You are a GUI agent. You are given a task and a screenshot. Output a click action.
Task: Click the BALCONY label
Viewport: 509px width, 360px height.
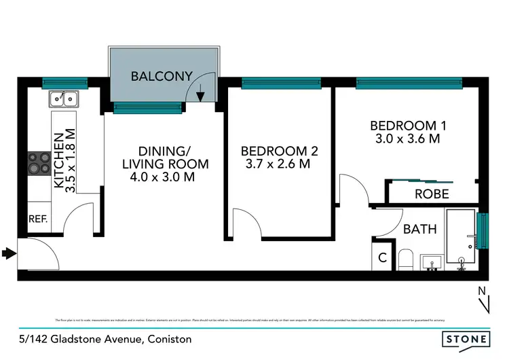(162, 76)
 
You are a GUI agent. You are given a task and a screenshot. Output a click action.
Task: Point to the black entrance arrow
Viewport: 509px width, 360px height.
(8, 254)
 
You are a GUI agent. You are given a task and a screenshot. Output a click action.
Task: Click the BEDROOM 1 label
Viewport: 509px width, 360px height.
(404, 126)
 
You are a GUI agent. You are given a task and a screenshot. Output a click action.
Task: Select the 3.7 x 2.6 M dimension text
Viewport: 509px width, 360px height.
(279, 164)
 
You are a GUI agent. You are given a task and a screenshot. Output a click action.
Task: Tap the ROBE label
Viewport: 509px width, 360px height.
(432, 194)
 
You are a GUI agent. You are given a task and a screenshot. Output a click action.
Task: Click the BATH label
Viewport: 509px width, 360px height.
(419, 230)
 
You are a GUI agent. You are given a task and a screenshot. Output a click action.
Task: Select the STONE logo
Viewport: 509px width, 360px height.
(466, 338)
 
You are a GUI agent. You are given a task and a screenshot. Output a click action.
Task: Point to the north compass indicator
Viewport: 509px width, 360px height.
(483, 300)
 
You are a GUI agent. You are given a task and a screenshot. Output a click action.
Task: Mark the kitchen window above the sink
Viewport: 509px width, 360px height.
(64, 84)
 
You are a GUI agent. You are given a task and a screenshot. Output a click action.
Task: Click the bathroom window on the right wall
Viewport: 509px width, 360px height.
(483, 232)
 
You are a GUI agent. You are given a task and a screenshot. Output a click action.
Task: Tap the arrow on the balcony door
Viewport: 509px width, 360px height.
(200, 96)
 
